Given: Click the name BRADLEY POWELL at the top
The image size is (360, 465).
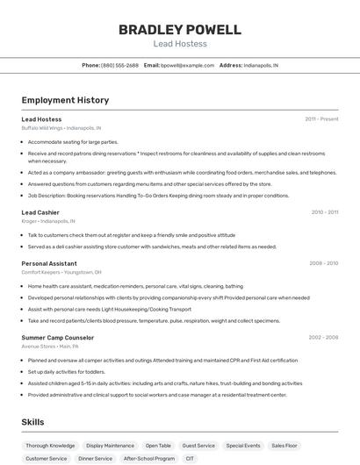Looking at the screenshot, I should point(179,30).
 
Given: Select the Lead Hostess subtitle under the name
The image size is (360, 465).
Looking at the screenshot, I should point(179,44).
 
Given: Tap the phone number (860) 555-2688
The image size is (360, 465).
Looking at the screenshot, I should point(119,65).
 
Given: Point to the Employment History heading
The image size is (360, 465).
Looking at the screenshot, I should point(65,100).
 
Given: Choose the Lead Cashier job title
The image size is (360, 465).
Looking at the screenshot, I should point(40,212).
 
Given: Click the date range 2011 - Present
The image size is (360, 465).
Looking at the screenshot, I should point(321,119).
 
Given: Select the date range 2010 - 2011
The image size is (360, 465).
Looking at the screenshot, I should point(324,212).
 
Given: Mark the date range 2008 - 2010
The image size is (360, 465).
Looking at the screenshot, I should point(324,263).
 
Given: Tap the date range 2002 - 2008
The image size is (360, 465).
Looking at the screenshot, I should point(323,337).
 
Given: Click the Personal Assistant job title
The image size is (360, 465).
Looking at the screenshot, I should point(49,263).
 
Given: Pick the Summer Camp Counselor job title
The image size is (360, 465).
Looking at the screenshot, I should point(57,337).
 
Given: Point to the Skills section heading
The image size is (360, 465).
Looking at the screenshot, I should point(32,422).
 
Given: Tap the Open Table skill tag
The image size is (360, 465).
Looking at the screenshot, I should point(158,446).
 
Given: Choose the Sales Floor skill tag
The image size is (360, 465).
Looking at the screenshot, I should point(284,446).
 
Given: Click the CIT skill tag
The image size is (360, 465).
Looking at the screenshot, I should point(190,458).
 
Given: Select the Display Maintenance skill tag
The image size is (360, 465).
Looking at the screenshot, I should point(110,446).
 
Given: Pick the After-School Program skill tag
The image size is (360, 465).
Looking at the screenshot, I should point(148,458).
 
